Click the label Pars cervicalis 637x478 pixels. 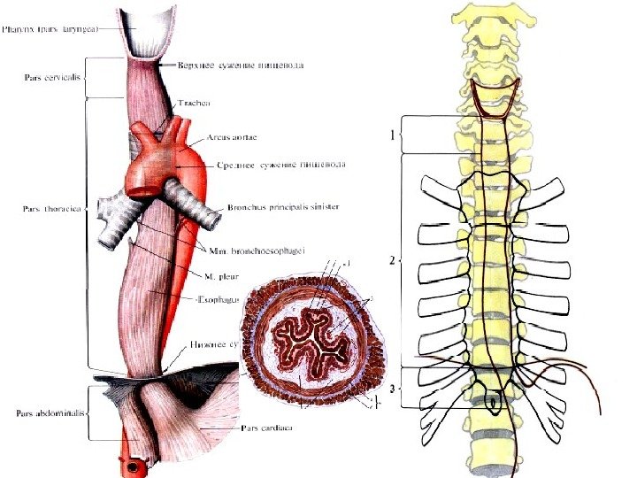click(x=50, y=76)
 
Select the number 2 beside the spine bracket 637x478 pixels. click(x=390, y=261)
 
